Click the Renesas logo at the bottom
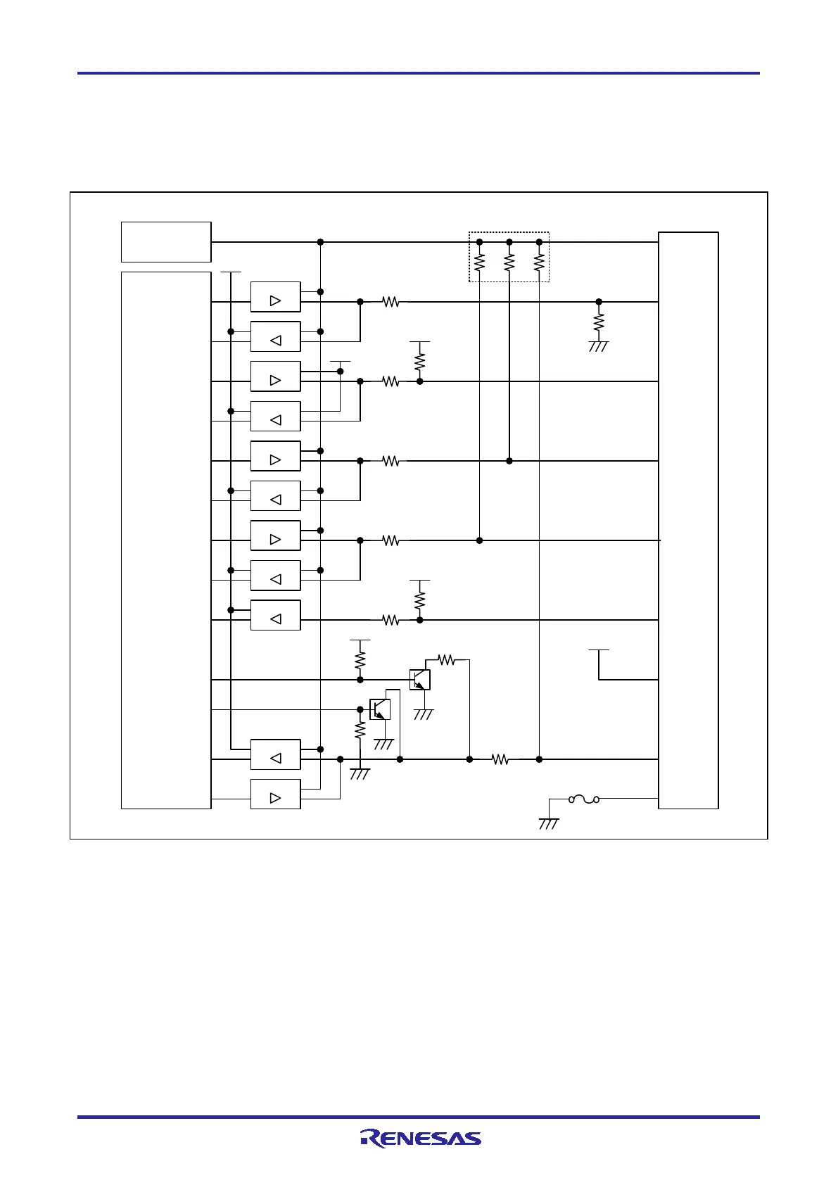421,1139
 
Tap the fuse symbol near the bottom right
584,799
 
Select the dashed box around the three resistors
509,257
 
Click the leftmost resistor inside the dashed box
479,262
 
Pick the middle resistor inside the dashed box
509,262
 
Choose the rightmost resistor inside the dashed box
539,262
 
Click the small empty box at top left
166,241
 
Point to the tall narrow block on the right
688,520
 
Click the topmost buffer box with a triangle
275,297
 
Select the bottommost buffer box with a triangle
275,794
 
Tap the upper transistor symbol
419,680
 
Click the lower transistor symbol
380,709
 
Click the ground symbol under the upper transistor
424,714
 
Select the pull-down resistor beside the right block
599,322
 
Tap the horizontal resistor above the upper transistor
446,660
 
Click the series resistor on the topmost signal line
391,302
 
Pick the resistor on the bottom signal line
500,759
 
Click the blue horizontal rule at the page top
419,72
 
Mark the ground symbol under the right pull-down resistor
598,346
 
